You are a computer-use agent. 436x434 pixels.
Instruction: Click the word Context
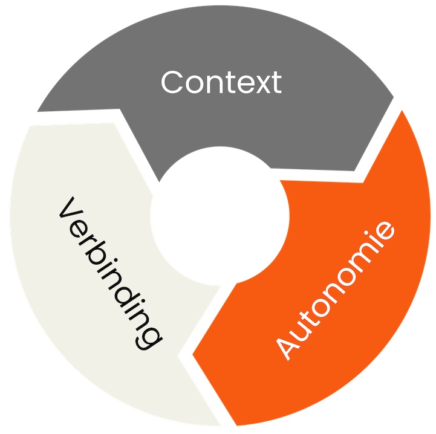(221, 83)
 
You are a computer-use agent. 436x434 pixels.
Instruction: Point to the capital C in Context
(173, 83)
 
